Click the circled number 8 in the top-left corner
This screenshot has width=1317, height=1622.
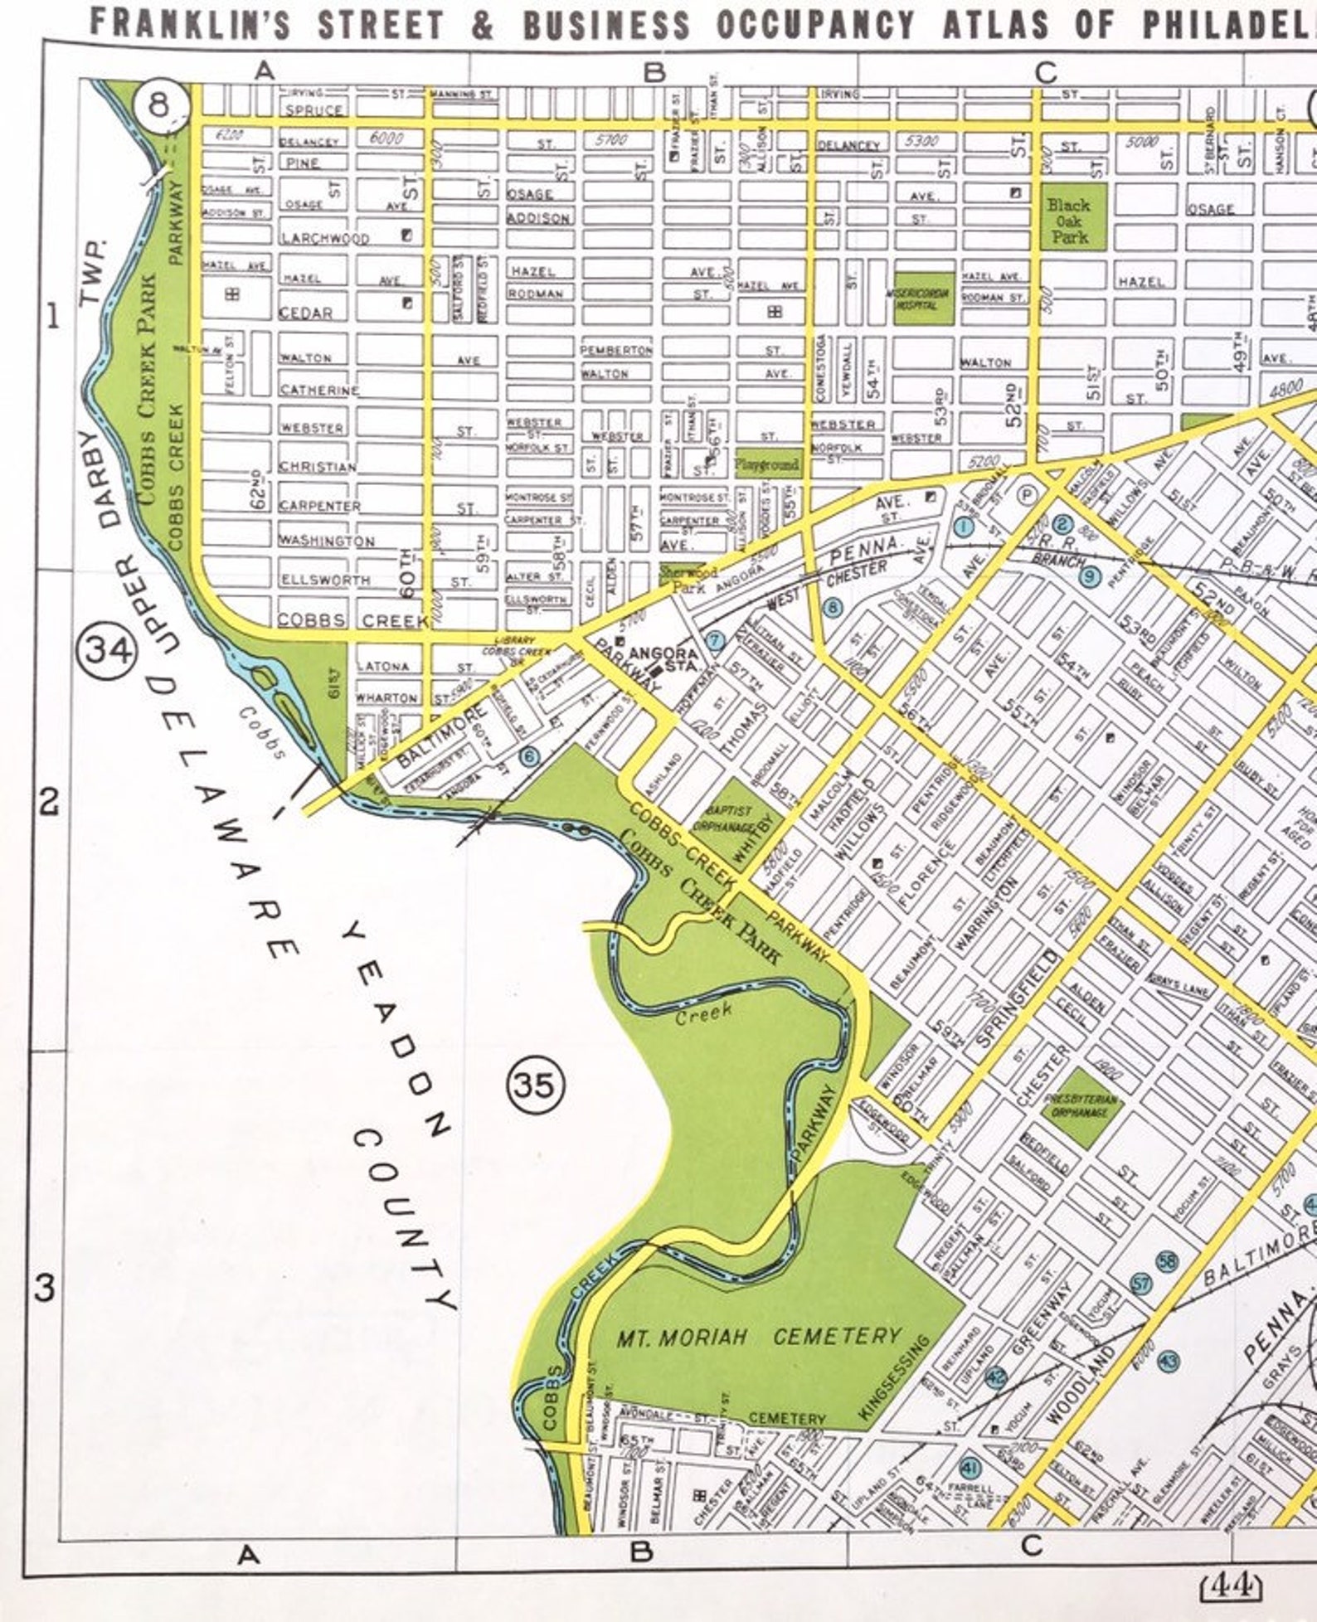coord(159,106)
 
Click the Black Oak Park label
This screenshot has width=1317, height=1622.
coord(1069,219)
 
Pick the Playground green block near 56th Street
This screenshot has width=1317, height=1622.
coord(767,464)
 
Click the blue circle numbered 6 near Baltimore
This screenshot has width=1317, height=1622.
coord(530,756)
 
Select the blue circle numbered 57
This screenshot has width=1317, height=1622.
coord(1141,1284)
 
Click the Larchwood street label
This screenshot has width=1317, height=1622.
coord(323,239)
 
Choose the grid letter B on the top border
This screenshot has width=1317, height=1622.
coord(654,72)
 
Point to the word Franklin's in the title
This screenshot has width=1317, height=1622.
coord(190,23)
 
